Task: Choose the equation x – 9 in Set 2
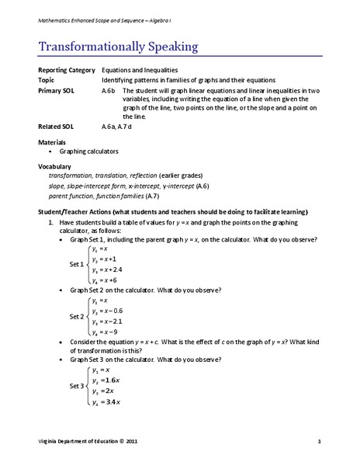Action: (105, 331)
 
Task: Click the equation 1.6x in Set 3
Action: (108, 381)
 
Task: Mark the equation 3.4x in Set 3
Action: (108, 402)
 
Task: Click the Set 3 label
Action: (78, 386)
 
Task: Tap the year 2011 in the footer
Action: (133, 442)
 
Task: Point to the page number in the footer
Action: (319, 442)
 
